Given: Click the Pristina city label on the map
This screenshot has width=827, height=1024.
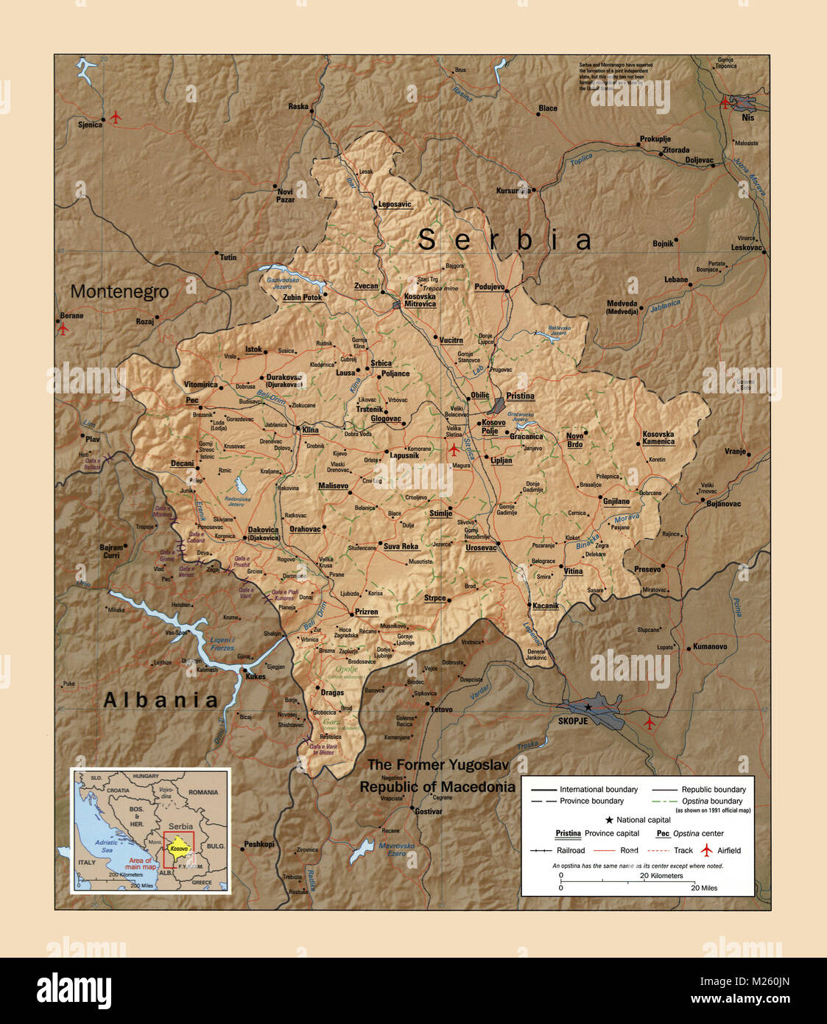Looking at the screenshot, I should pos(520,396).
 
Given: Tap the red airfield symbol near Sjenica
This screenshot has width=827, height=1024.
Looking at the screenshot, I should pos(116,117).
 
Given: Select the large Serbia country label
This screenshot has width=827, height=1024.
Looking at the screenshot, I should pos(504,240).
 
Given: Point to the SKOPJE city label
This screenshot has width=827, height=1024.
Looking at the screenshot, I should pos(573,721).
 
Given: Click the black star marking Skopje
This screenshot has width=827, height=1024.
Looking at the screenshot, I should pos(588,707).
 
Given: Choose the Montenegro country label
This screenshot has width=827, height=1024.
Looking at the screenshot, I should pos(119,292).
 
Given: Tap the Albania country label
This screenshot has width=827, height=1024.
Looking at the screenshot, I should pos(161,700).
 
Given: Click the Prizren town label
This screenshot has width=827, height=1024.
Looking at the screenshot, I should pos(366,612).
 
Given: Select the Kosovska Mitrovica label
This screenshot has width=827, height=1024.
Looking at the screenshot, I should pos(420,300).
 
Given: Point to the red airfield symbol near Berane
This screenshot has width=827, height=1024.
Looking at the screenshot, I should pos(63,329).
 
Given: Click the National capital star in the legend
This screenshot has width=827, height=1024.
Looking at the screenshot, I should pos(609,820).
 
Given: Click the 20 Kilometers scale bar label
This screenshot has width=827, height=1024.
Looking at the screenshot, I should pos(661,876).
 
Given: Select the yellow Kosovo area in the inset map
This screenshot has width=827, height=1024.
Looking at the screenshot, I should pos(179,848).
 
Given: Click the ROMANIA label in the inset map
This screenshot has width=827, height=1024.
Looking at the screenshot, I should pos(203,792).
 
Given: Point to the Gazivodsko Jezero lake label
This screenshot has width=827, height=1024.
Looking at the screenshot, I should pos(283,283).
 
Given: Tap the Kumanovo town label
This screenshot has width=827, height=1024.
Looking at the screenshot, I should pos(709,647).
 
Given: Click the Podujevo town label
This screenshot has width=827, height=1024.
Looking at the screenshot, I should pos(489,287).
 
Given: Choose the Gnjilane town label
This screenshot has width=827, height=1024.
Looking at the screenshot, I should pos(616,501).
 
